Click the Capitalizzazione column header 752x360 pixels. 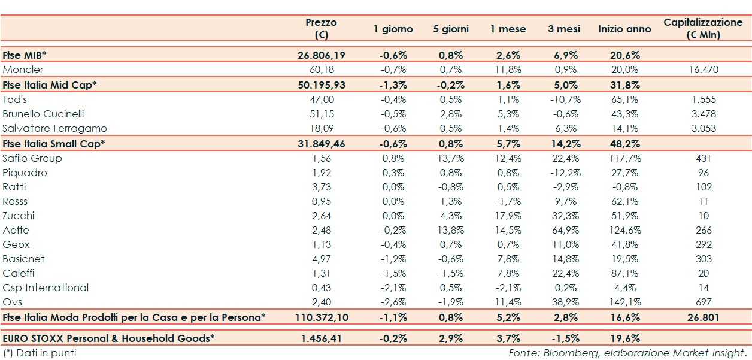(x=703, y=28)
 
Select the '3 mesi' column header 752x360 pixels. (x=563, y=29)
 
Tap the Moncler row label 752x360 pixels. (x=23, y=69)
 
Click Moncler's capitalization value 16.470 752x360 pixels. (x=704, y=69)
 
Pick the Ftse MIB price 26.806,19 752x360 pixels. (x=321, y=55)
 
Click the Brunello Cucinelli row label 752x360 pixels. (x=43, y=114)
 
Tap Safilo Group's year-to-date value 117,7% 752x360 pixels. (x=624, y=158)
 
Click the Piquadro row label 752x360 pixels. (x=25, y=173)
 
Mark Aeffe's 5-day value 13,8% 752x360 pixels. (x=450, y=230)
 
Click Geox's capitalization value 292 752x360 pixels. (x=704, y=244)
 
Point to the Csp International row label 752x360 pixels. (x=46, y=288)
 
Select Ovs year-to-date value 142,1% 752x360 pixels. (x=624, y=302)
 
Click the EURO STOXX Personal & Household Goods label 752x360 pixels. (x=108, y=338)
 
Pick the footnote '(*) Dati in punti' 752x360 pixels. (x=40, y=353)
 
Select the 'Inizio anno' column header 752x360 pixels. (x=624, y=29)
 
